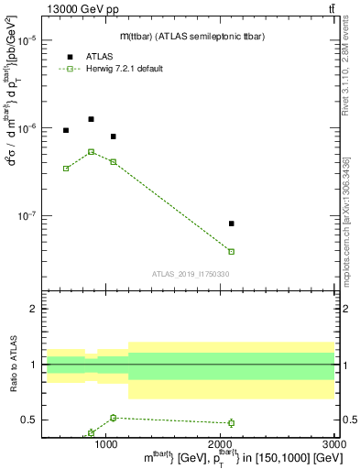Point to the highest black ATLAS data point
point(91,119)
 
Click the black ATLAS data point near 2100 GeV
point(231,224)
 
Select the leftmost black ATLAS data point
point(66,130)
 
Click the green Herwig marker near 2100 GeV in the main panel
point(231,251)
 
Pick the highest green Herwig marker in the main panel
point(91,152)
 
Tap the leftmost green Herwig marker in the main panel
point(66,168)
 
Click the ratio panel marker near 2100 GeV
point(231,423)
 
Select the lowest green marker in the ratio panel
point(91,432)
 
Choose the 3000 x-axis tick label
point(334,444)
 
